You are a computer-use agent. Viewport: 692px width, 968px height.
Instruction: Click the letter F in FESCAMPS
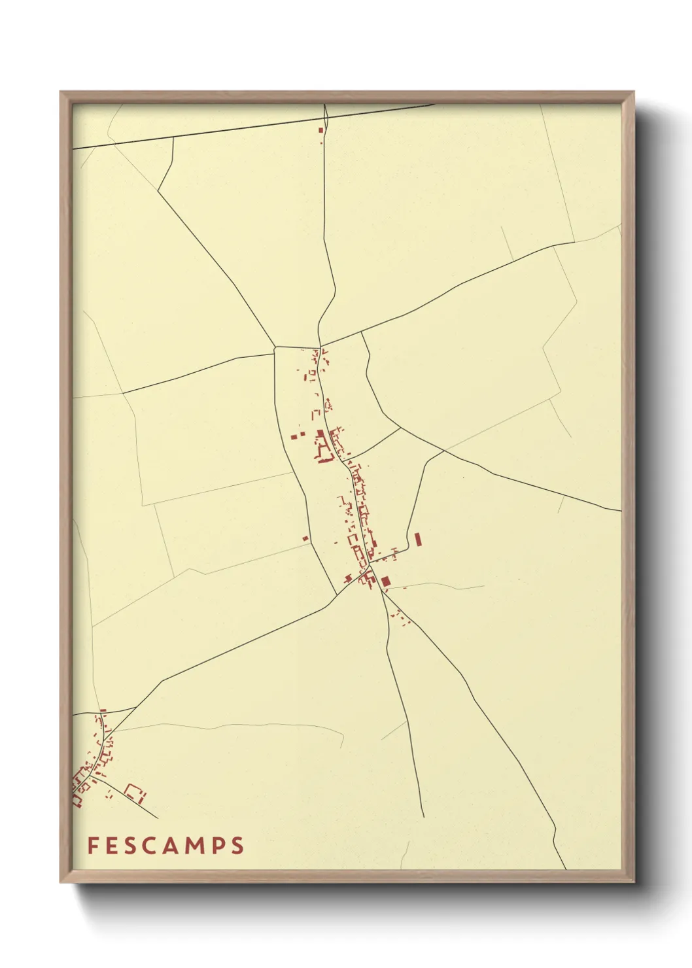pyautogui.click(x=92, y=846)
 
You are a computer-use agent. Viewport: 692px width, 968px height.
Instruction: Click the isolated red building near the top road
pyautogui.click(x=321, y=130)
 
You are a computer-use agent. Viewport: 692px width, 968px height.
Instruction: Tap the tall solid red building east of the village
pyautogui.click(x=418, y=540)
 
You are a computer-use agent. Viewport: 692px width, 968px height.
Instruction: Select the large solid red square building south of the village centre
pyautogui.click(x=385, y=581)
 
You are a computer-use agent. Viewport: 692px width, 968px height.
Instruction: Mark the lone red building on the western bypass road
pyautogui.click(x=305, y=539)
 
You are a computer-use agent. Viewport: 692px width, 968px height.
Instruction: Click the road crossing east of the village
pyautogui.click(x=445, y=451)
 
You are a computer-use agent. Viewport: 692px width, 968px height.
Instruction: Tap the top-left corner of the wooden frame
pyautogui.click(x=61, y=92)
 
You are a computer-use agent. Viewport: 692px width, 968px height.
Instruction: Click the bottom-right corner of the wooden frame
pyautogui.click(x=634, y=882)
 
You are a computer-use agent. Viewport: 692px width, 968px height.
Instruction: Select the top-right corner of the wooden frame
pyautogui.click(x=634, y=92)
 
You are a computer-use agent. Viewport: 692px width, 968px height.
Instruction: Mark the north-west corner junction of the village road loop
pyautogui.click(x=275, y=347)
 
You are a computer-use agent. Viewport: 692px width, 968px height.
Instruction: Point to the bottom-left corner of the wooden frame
pyautogui.click(x=61, y=882)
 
